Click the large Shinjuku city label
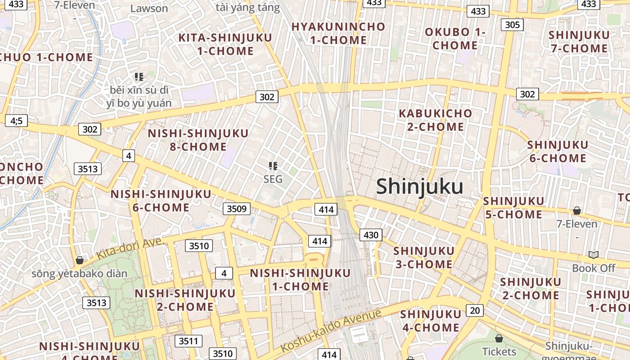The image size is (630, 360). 419,186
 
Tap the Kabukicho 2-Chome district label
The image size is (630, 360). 436,120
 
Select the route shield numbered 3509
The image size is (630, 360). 237,209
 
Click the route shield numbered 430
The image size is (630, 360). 371,234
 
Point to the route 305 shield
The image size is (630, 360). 513,24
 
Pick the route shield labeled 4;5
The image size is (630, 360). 16,121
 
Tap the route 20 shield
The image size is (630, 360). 475,310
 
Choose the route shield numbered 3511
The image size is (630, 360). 188,341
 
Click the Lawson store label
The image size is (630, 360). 149,8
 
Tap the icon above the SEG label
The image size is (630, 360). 273,166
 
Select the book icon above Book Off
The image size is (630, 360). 594,255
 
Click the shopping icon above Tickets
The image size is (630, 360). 499,338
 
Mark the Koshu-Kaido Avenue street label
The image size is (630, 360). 331,331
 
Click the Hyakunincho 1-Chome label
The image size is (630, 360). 338,33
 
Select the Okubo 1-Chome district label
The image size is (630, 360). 455,39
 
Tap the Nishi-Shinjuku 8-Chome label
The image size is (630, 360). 198,140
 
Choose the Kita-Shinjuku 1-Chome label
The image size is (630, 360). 225,44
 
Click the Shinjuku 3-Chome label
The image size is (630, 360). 424,257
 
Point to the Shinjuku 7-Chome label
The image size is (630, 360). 579,42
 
